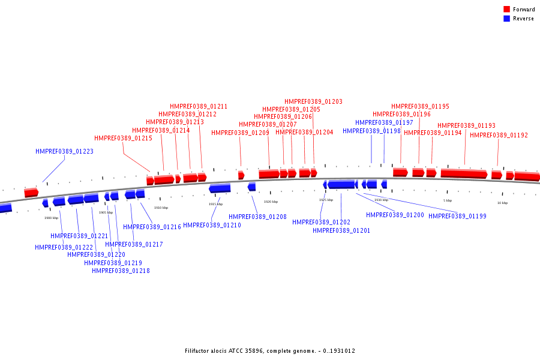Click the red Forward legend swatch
click(507, 10)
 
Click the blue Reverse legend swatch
click(507, 19)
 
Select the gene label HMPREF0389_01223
click(64, 152)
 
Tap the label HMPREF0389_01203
click(313, 102)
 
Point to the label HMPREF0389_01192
click(499, 136)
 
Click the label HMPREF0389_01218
click(121, 271)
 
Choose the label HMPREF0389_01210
click(212, 226)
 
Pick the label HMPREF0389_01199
click(457, 216)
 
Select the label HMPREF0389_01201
click(341, 230)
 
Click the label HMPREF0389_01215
click(123, 139)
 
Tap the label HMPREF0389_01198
click(371, 131)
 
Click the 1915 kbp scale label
click(215, 204)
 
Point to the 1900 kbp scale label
click(51, 218)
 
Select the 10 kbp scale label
click(502, 203)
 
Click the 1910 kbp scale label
click(161, 208)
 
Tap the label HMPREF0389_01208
click(257, 217)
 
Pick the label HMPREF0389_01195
click(420, 107)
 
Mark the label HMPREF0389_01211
click(198, 107)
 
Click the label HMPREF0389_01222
click(64, 247)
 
